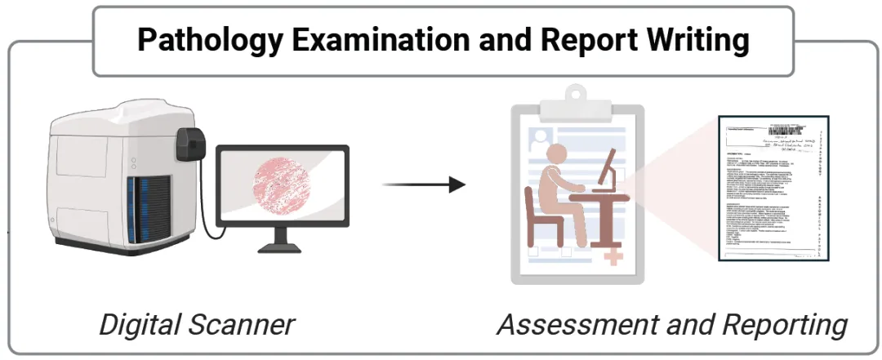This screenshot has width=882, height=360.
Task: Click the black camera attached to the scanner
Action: (193, 141)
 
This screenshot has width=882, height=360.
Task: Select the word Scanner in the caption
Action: (246, 325)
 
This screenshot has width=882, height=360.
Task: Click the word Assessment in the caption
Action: (572, 325)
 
